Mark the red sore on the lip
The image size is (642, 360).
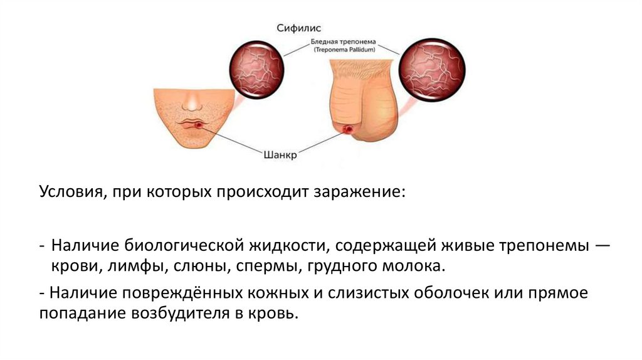click(x=199, y=127)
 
